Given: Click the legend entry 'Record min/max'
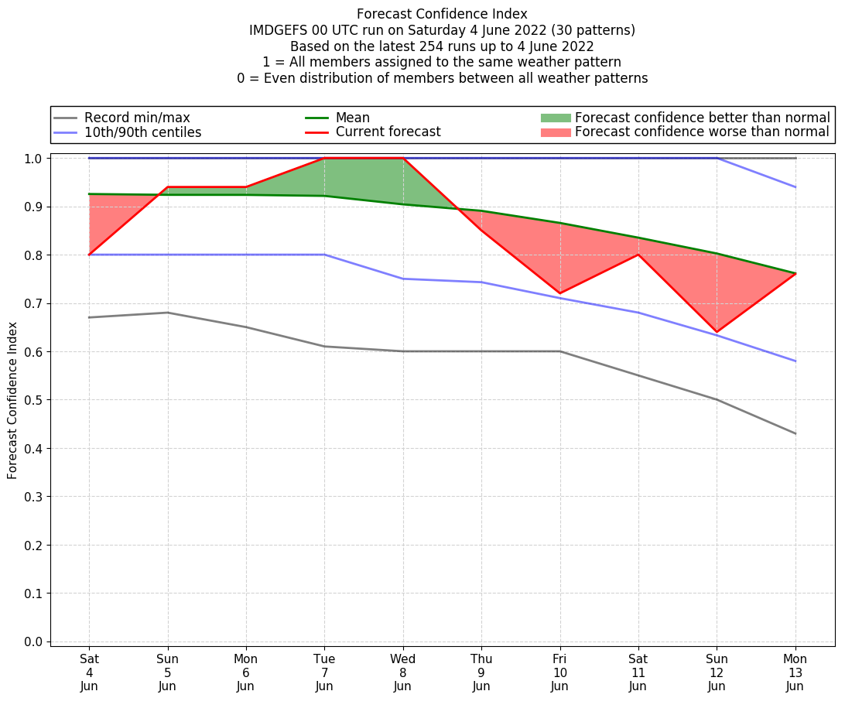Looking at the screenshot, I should (x=136, y=118).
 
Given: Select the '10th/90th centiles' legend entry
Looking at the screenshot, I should (x=142, y=132).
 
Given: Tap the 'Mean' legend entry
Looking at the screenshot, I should (x=352, y=118).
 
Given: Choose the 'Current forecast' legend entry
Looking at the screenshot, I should (x=388, y=132).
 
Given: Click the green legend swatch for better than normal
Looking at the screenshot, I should (x=555, y=118).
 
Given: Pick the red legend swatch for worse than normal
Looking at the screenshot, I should (x=555, y=132).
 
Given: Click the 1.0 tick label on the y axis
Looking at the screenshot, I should (x=35, y=159).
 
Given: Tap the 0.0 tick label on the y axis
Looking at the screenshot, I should (x=35, y=641).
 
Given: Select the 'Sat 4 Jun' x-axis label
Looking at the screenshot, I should (x=89, y=672).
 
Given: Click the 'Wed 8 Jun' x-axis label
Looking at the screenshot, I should (x=402, y=672).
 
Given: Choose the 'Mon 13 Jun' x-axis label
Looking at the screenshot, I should (x=795, y=672).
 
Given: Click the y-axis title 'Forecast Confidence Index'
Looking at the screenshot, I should (x=13, y=400).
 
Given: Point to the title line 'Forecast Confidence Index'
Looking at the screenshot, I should (x=442, y=14).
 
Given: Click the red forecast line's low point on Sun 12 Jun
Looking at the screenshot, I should (x=717, y=332).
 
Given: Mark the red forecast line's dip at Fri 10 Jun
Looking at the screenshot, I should (x=559, y=293).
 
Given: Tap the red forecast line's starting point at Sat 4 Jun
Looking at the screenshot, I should (x=89, y=255).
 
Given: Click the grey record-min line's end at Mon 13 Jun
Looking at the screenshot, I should (x=795, y=433).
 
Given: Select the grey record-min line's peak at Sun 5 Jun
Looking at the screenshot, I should (x=167, y=313).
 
